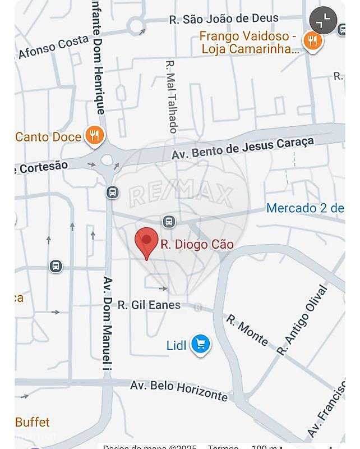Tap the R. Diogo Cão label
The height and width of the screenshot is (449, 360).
point(197,245)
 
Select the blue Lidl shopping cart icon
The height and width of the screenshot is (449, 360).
point(200,345)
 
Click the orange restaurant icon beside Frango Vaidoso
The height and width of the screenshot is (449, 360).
point(312,41)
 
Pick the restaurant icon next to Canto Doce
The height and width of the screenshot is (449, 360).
point(94,135)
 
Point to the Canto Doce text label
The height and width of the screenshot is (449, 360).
point(48,136)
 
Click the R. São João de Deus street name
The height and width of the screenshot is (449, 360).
point(224,19)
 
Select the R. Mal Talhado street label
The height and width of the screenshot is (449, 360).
point(172,96)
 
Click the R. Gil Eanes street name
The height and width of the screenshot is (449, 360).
point(149,305)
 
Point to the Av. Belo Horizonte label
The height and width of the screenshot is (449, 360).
point(179,390)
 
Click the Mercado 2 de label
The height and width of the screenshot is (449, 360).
point(305,208)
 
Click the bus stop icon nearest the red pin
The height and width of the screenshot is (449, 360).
point(169,221)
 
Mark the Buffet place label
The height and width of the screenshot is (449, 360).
point(33,421)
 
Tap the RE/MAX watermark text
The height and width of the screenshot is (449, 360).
point(181,195)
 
